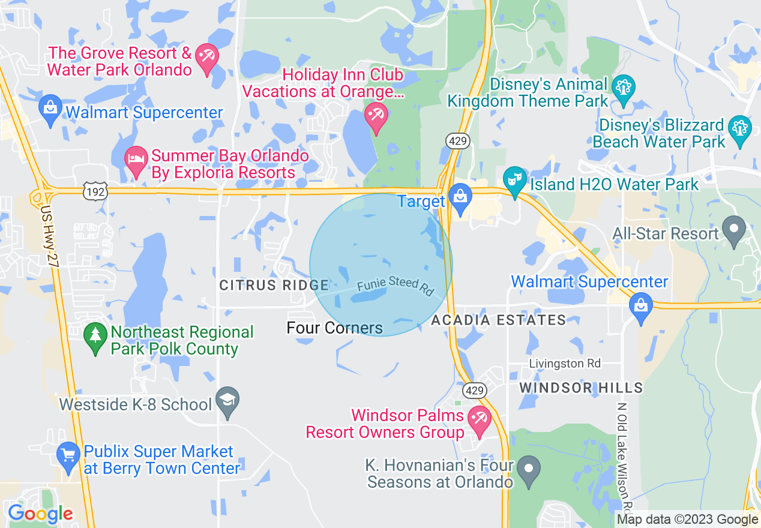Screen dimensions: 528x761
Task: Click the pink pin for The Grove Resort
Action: pos(207,58)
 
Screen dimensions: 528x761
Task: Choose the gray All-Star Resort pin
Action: pos(733,230)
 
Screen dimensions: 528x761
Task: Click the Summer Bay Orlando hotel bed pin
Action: pos(137,161)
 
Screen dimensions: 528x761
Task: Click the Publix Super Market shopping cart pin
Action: pos(68,457)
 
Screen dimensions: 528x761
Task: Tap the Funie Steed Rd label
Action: pos(395,285)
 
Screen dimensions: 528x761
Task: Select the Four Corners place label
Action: pos(334,328)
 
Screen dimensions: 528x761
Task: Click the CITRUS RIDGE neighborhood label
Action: pos(274,286)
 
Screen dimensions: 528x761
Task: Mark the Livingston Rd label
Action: pos(565,364)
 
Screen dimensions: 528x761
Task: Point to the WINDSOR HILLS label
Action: pos(581,388)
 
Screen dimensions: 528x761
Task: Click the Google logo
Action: pos(40,514)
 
